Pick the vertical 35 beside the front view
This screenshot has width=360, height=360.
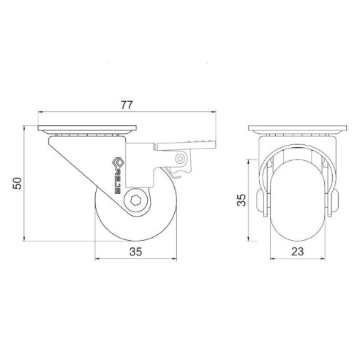241,200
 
